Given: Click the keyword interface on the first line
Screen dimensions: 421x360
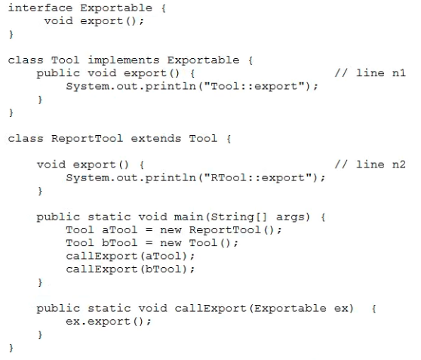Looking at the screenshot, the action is (x=40, y=8).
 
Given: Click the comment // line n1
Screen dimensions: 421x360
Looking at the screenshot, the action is (x=370, y=72).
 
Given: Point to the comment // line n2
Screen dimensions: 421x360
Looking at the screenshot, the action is (x=370, y=164).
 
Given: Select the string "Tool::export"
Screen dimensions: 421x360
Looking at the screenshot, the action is (x=254, y=86).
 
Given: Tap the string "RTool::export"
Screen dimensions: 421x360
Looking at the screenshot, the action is (x=258, y=177).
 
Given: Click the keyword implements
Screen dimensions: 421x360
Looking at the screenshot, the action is (x=124, y=60).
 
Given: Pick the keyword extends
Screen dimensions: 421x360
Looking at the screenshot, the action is (x=156, y=138).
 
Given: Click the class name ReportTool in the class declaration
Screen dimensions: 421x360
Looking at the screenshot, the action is (x=87, y=139).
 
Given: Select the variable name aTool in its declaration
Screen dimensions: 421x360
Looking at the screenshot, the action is (x=120, y=229).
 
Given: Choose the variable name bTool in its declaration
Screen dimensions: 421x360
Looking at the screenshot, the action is (x=120, y=243).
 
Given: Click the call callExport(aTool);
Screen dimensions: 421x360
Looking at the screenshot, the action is (x=131, y=256).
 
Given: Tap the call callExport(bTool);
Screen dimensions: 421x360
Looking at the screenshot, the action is (x=131, y=269).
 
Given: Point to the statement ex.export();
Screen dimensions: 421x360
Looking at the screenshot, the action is (x=109, y=322).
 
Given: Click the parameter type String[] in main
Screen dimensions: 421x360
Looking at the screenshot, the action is (x=238, y=217).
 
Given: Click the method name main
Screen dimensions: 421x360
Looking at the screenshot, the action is (x=189, y=217).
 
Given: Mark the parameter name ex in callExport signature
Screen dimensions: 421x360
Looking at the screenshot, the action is (x=341, y=309).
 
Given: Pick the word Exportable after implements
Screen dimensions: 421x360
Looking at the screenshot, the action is (x=203, y=60).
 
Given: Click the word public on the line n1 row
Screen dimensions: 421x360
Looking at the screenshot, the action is (x=58, y=73).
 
